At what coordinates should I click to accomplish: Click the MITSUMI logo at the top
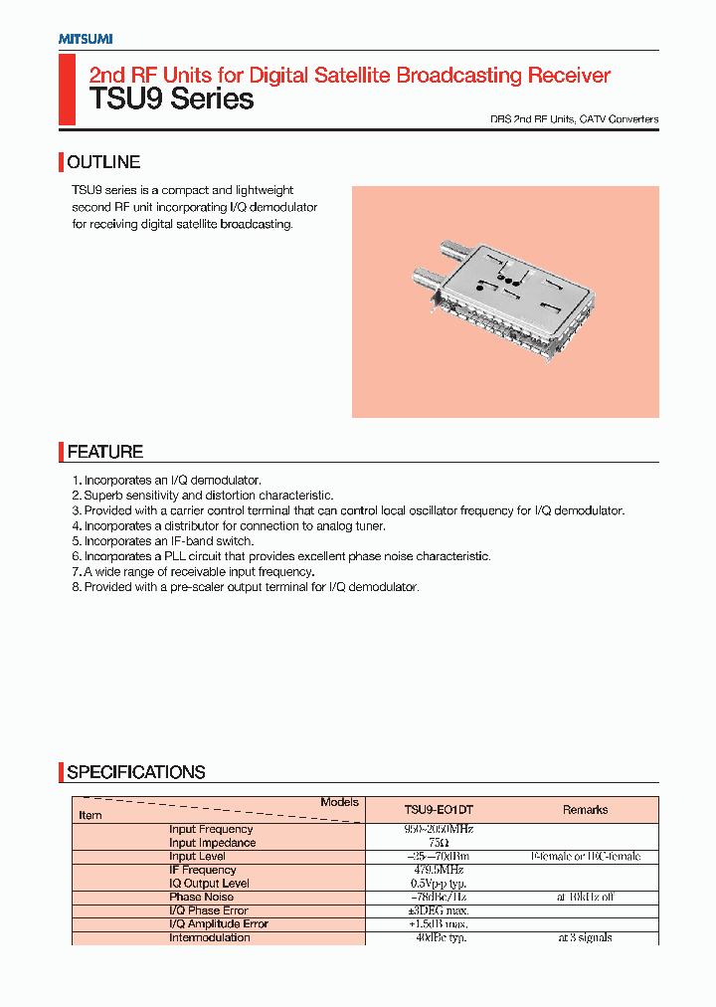85,39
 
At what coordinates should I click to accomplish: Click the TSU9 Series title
172,100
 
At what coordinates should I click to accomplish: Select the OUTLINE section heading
103,162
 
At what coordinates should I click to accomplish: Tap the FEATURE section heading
104,452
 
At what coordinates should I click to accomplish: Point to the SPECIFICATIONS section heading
135,772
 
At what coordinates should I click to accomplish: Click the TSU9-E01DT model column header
439,810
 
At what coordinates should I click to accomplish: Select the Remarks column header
585,810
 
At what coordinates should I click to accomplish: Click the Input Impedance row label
212,843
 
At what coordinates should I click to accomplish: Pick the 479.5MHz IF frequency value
439,870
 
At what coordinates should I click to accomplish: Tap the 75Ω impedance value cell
439,843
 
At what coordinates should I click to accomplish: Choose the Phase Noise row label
201,897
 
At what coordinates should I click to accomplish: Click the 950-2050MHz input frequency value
439,829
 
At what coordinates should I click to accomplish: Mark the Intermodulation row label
209,937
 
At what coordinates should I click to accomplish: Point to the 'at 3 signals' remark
585,937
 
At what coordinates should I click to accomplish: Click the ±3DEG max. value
439,910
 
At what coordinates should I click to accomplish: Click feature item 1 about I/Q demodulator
166,481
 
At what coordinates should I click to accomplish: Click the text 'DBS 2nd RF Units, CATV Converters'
574,119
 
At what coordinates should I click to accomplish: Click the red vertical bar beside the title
67,90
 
